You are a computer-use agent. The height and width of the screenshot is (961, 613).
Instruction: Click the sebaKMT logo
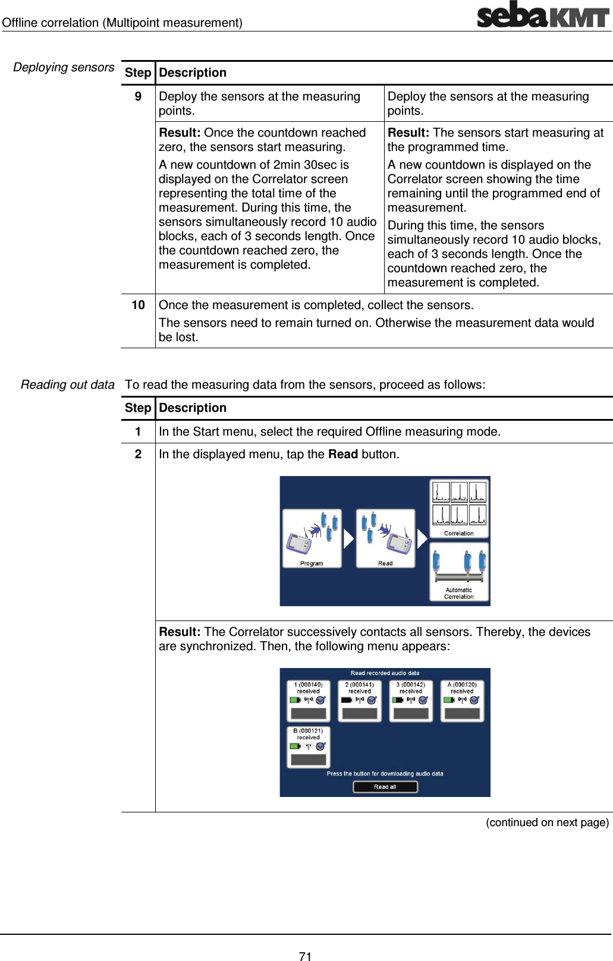click(542, 15)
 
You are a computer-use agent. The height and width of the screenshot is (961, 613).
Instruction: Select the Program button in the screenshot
click(312, 538)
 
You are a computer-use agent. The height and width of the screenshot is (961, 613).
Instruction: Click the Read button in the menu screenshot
click(385, 538)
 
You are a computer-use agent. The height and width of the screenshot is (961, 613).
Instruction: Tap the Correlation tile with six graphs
click(459, 508)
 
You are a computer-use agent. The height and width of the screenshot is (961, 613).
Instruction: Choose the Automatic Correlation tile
click(459, 572)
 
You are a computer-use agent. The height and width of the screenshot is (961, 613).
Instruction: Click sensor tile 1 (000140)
click(308, 701)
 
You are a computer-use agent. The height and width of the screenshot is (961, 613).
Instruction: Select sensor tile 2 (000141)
click(360, 701)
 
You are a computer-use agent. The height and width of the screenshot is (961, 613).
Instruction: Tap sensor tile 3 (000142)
click(411, 701)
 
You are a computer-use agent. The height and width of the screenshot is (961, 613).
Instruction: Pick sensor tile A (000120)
click(462, 701)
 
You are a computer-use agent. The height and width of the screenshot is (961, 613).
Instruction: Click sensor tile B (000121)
click(308, 747)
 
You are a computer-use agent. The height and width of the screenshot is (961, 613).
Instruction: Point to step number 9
click(138, 96)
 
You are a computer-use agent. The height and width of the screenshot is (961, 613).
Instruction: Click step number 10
click(138, 305)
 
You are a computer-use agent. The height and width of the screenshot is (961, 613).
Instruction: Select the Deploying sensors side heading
click(64, 67)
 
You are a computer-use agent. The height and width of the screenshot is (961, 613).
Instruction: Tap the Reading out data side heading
click(67, 385)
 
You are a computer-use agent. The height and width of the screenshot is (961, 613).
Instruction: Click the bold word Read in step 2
click(343, 454)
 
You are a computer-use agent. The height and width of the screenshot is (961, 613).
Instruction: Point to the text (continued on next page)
click(547, 822)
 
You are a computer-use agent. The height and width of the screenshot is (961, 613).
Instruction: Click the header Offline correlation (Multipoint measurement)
click(122, 23)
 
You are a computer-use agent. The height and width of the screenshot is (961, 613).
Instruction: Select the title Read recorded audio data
click(385, 673)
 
